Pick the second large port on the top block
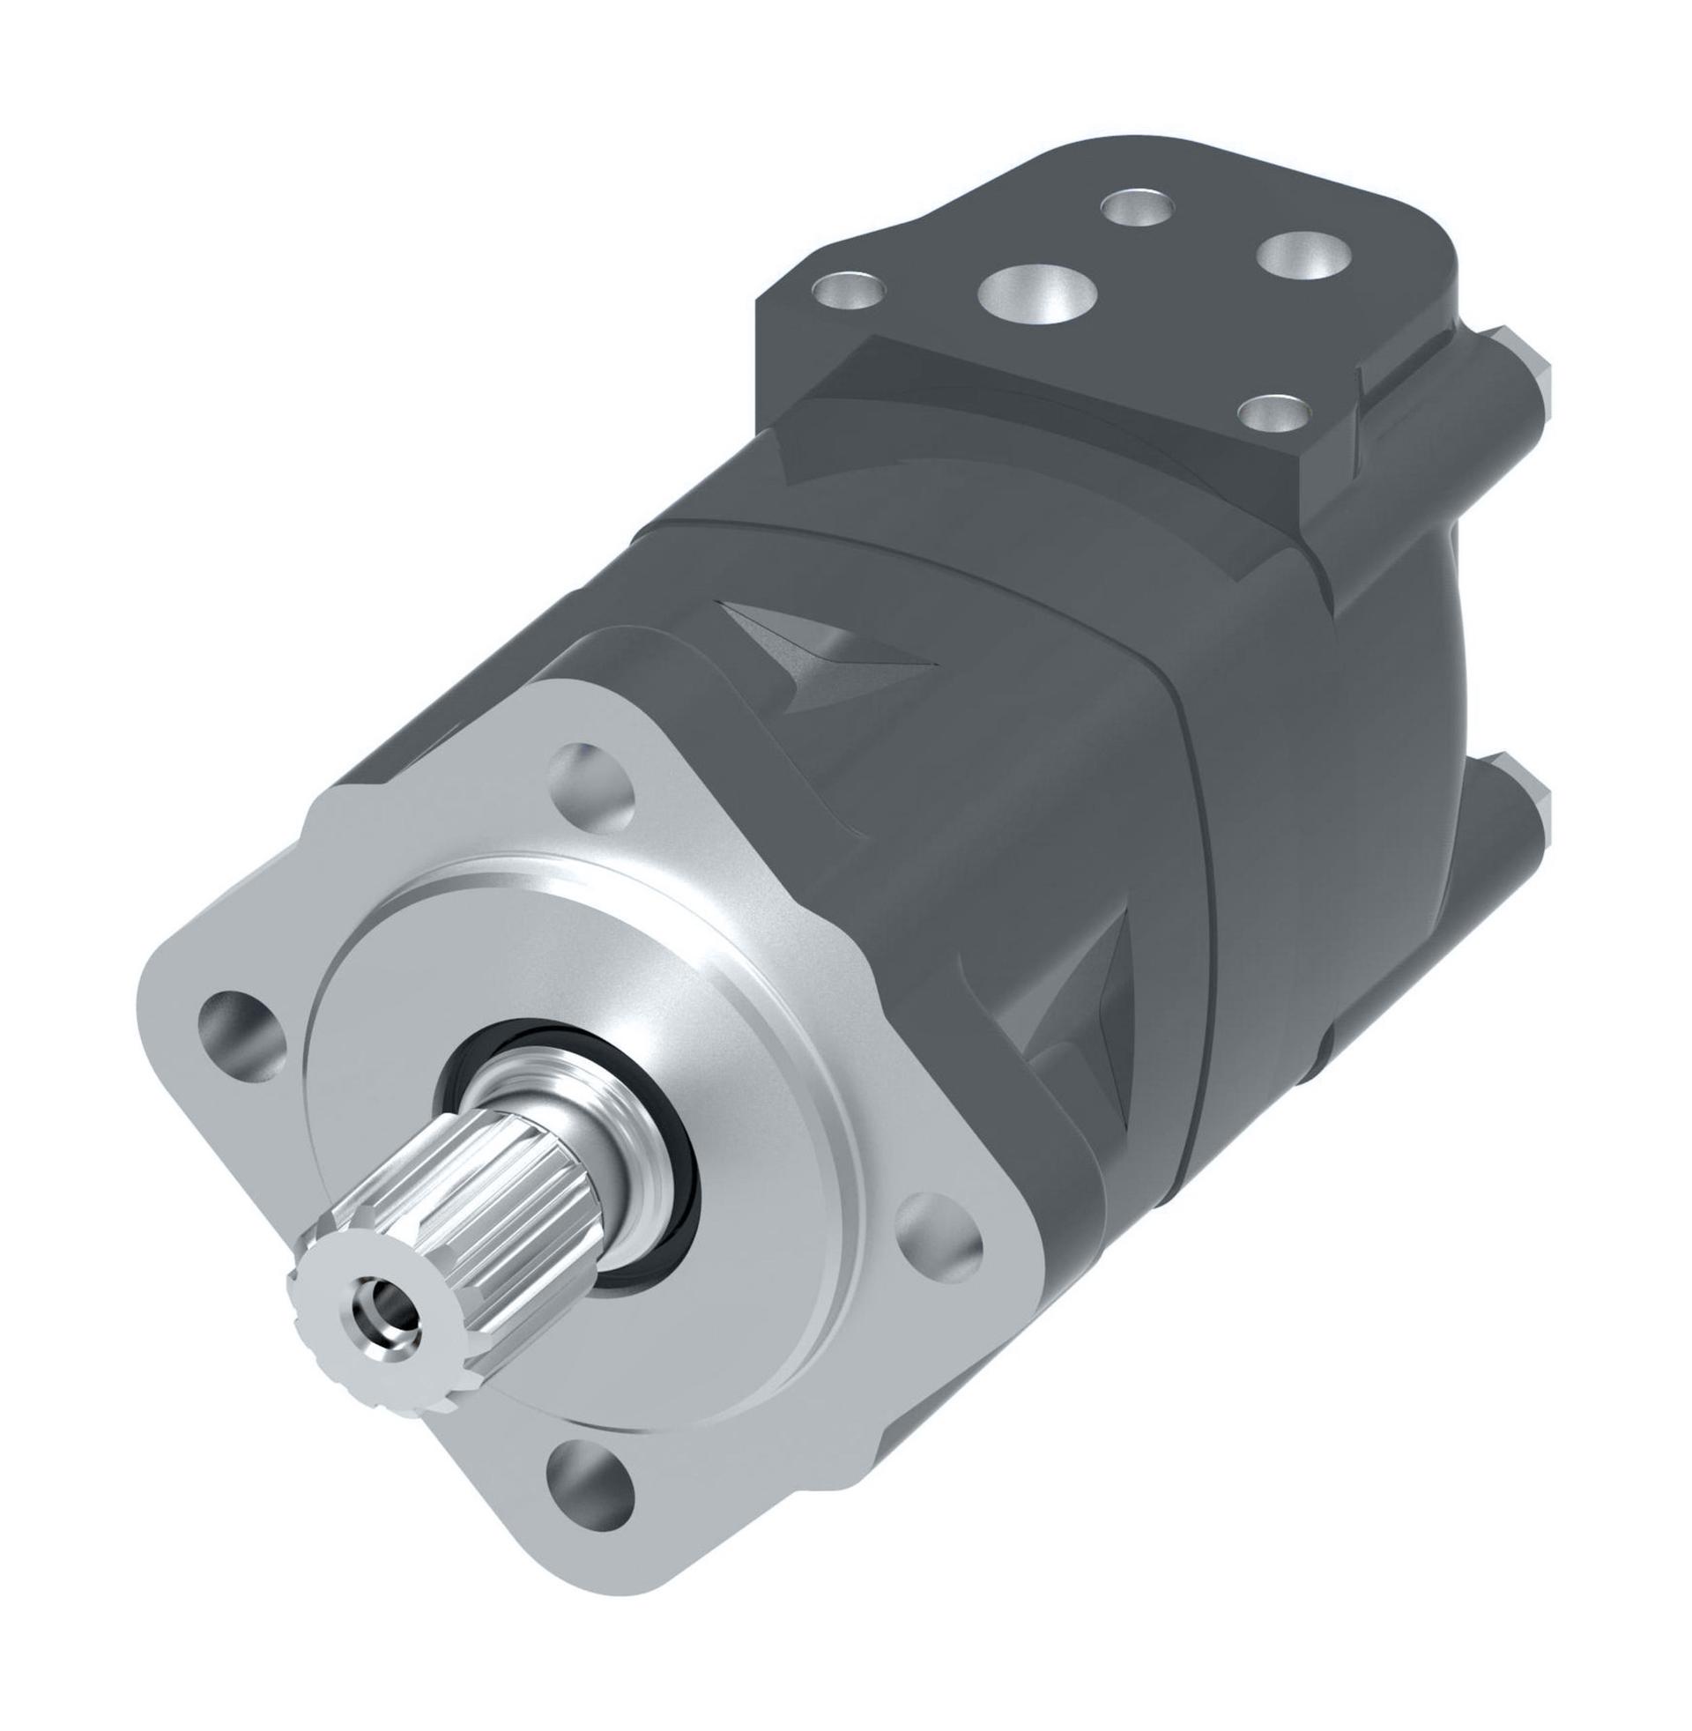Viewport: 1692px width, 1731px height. pos(1303,258)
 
